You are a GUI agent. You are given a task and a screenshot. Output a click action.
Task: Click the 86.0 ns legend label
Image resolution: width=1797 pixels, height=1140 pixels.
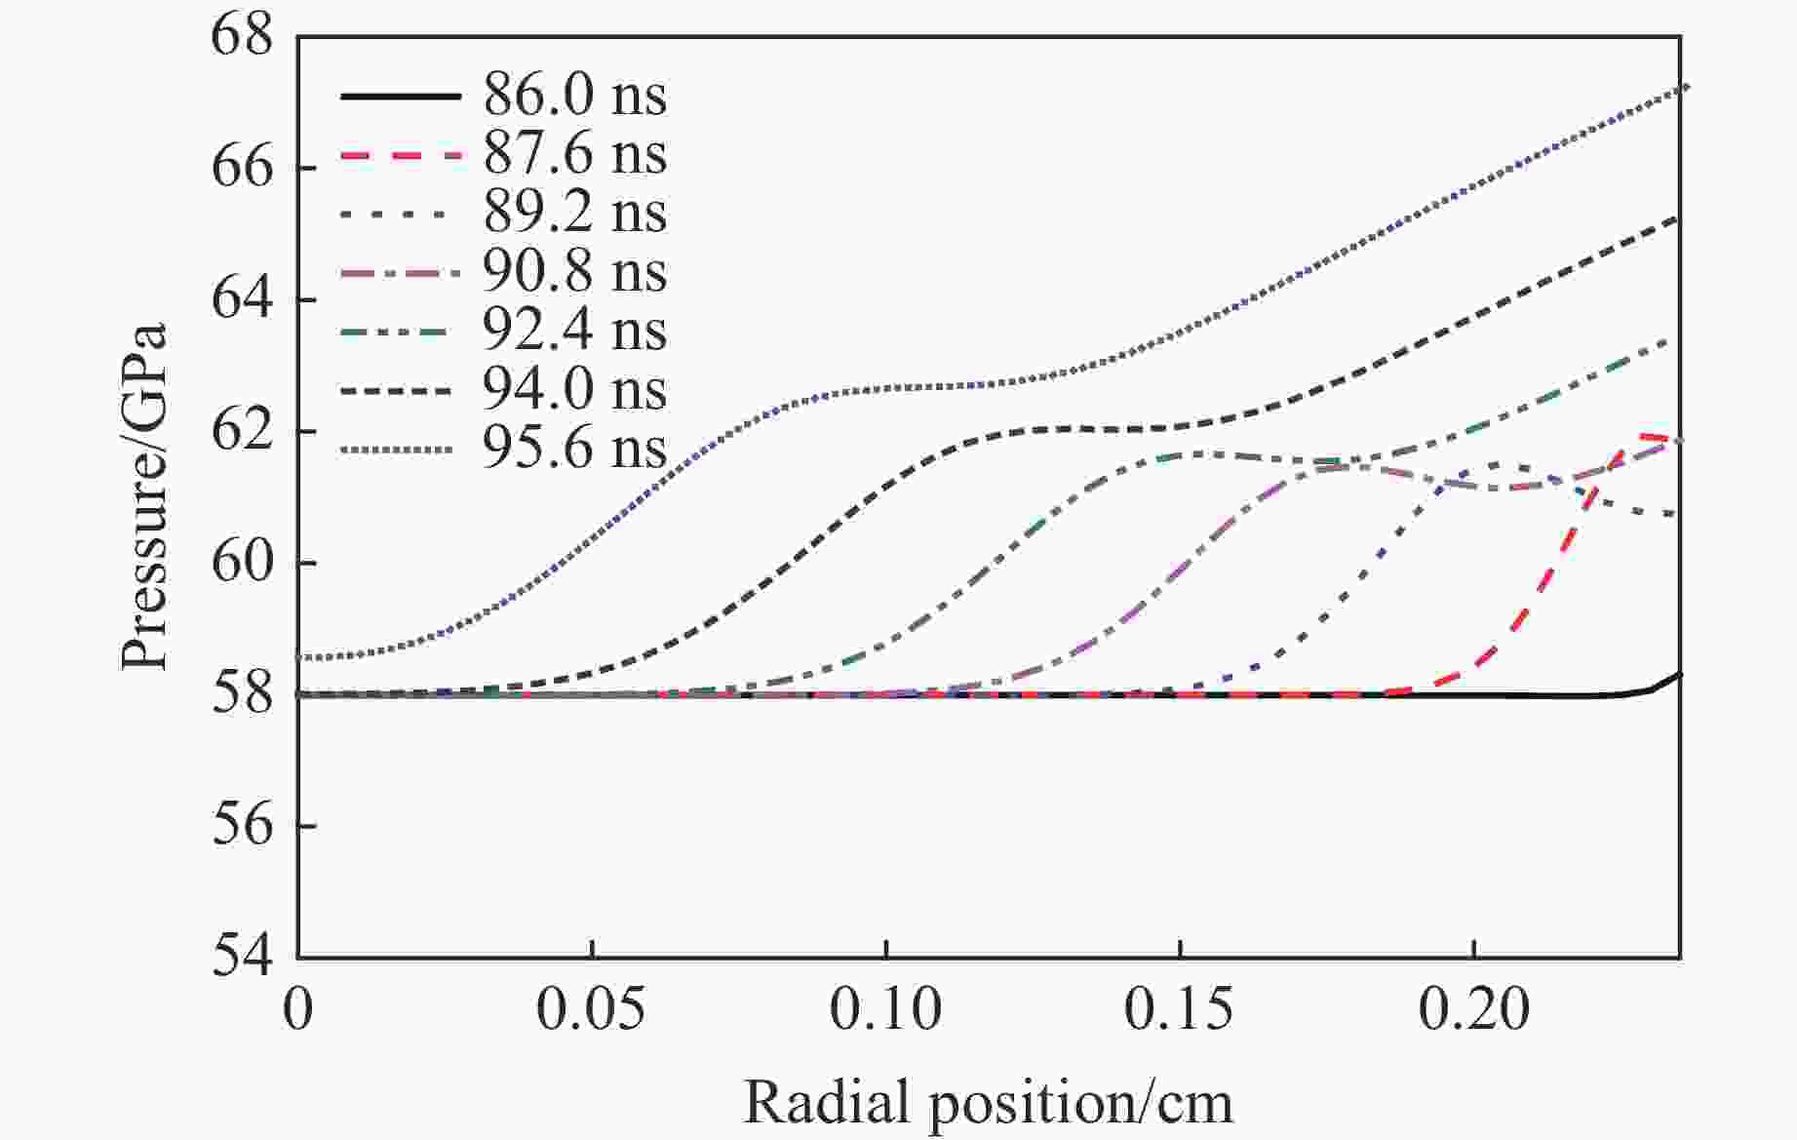click(574, 96)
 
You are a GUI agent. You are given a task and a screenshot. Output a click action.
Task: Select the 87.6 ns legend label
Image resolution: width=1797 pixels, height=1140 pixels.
click(574, 154)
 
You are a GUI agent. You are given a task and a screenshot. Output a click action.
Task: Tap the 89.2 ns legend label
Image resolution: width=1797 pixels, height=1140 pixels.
click(574, 213)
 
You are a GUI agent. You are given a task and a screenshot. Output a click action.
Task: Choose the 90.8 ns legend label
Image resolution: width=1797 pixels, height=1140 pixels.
click(574, 271)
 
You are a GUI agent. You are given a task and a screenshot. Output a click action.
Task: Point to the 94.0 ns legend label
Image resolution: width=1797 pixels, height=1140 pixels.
click(574, 390)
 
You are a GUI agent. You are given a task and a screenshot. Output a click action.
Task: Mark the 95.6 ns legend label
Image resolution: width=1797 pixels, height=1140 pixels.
click(574, 449)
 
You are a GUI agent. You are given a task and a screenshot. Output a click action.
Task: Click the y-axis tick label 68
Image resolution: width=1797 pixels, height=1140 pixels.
click(243, 37)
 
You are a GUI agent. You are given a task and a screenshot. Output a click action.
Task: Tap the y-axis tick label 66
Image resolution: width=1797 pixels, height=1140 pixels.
click(243, 168)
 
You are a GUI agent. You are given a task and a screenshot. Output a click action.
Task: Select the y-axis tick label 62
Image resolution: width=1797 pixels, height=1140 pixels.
click(243, 431)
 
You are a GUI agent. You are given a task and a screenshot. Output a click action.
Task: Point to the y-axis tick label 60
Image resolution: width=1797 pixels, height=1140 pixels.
click(243, 563)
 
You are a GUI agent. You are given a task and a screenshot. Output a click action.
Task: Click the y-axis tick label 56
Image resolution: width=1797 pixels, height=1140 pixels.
click(243, 825)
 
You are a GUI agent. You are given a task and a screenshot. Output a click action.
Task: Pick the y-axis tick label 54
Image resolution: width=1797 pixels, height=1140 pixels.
click(243, 956)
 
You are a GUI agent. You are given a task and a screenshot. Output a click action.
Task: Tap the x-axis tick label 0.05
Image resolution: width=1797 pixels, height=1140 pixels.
click(591, 1009)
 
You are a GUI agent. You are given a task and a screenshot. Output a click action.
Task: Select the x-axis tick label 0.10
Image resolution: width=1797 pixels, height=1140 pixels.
click(885, 1009)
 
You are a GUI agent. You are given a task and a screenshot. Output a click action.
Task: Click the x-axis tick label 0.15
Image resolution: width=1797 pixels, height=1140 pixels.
click(1179, 1009)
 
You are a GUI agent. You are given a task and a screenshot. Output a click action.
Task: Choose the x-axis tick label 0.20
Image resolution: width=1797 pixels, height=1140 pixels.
click(1473, 1009)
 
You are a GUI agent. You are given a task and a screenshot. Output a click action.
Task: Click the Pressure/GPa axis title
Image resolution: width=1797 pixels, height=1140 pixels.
click(144, 497)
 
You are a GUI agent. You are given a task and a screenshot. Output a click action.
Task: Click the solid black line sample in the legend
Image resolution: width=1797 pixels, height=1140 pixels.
click(400, 96)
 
